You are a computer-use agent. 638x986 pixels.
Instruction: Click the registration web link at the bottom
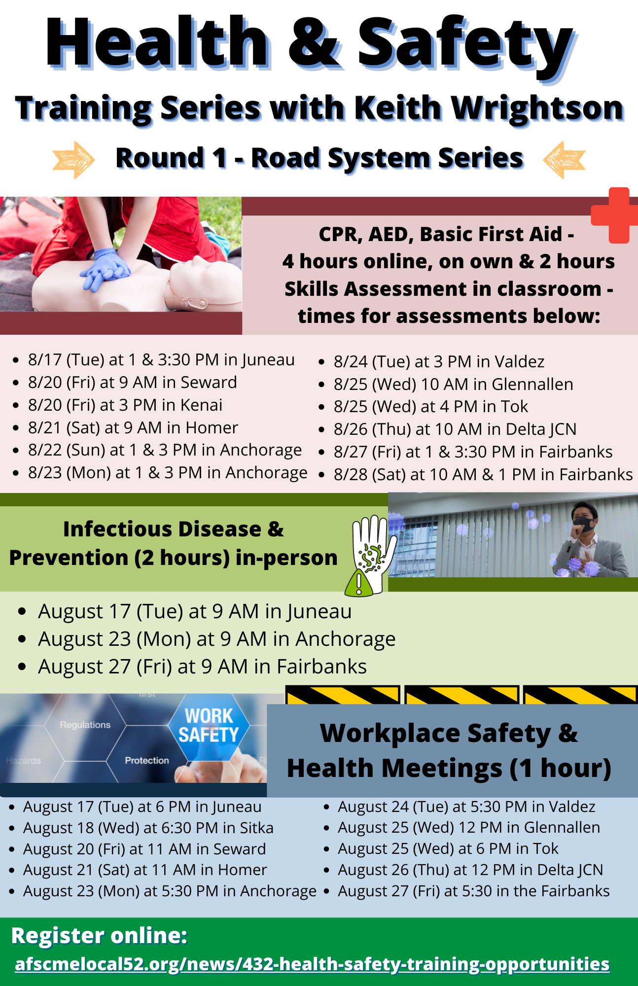[312, 964]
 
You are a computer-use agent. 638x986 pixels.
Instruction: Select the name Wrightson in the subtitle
[538, 108]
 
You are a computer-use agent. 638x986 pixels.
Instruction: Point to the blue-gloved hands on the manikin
[106, 269]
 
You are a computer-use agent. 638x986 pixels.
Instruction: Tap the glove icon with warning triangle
[371, 555]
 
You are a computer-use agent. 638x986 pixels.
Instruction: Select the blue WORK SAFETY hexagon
[209, 725]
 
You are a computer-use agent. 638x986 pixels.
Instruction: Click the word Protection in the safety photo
[147, 761]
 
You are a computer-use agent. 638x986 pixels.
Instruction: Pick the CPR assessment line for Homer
[133, 427]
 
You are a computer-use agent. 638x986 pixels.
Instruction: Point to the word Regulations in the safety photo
[85, 725]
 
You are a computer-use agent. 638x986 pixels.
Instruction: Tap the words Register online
[99, 936]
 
